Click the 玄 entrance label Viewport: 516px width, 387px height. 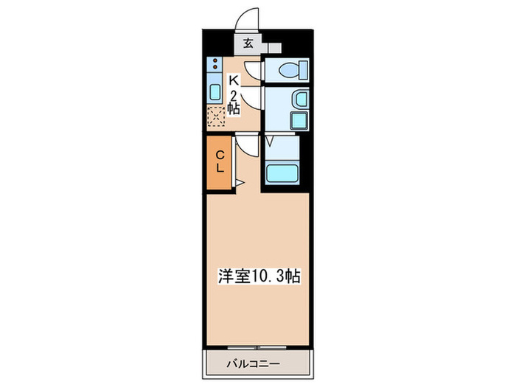tap(248, 43)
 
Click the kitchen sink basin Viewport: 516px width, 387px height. tap(215, 92)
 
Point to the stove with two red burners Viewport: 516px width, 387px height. tap(215, 66)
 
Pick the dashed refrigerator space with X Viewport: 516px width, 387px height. tap(215, 115)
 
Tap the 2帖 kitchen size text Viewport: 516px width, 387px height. tap(233, 102)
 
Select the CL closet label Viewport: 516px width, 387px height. tap(220, 161)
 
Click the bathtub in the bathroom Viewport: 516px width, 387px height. tap(282, 173)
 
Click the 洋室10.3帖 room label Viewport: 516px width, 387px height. tap(258, 276)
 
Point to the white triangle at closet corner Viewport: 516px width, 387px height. tap(239, 181)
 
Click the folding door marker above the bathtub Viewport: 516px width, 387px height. tap(270, 140)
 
